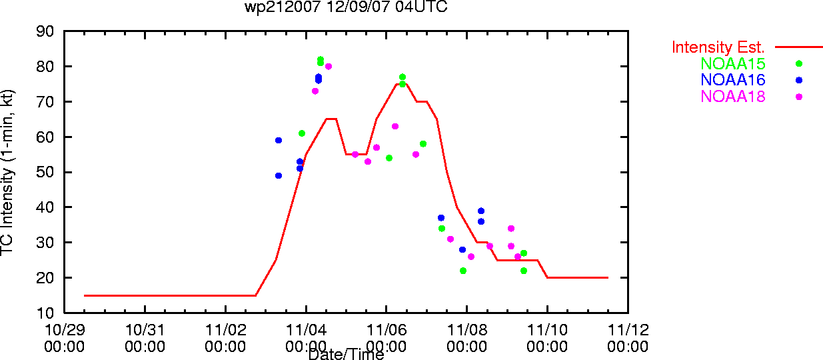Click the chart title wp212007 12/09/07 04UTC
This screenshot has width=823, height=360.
coord(346,7)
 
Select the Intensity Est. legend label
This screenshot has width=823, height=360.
coord(718,47)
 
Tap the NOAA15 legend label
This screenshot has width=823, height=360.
coord(733,63)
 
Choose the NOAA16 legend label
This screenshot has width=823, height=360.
coord(733,80)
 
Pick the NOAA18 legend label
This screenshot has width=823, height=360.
coord(733,97)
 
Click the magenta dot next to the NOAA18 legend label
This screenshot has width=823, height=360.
coord(799,97)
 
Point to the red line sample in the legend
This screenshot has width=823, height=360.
coord(799,47)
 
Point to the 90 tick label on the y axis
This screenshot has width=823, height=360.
coord(45,31)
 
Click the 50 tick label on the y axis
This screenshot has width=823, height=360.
coord(45,172)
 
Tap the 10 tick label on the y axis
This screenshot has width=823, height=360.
coord(45,313)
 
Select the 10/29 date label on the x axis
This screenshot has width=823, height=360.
coord(65,330)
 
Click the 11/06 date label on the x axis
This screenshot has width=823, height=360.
coord(387,330)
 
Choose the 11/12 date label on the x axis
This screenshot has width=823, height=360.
coord(628,330)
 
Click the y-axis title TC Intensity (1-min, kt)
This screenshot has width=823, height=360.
coord(7,173)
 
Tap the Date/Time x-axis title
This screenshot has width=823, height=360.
coord(346,354)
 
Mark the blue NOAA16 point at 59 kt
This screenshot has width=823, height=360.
coord(279,141)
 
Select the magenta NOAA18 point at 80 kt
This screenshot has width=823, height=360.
coord(329,67)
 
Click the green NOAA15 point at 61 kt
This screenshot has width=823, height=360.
coord(302,133)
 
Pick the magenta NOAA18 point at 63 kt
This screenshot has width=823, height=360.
coord(395,127)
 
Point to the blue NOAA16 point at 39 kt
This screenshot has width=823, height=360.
coord(481,211)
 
